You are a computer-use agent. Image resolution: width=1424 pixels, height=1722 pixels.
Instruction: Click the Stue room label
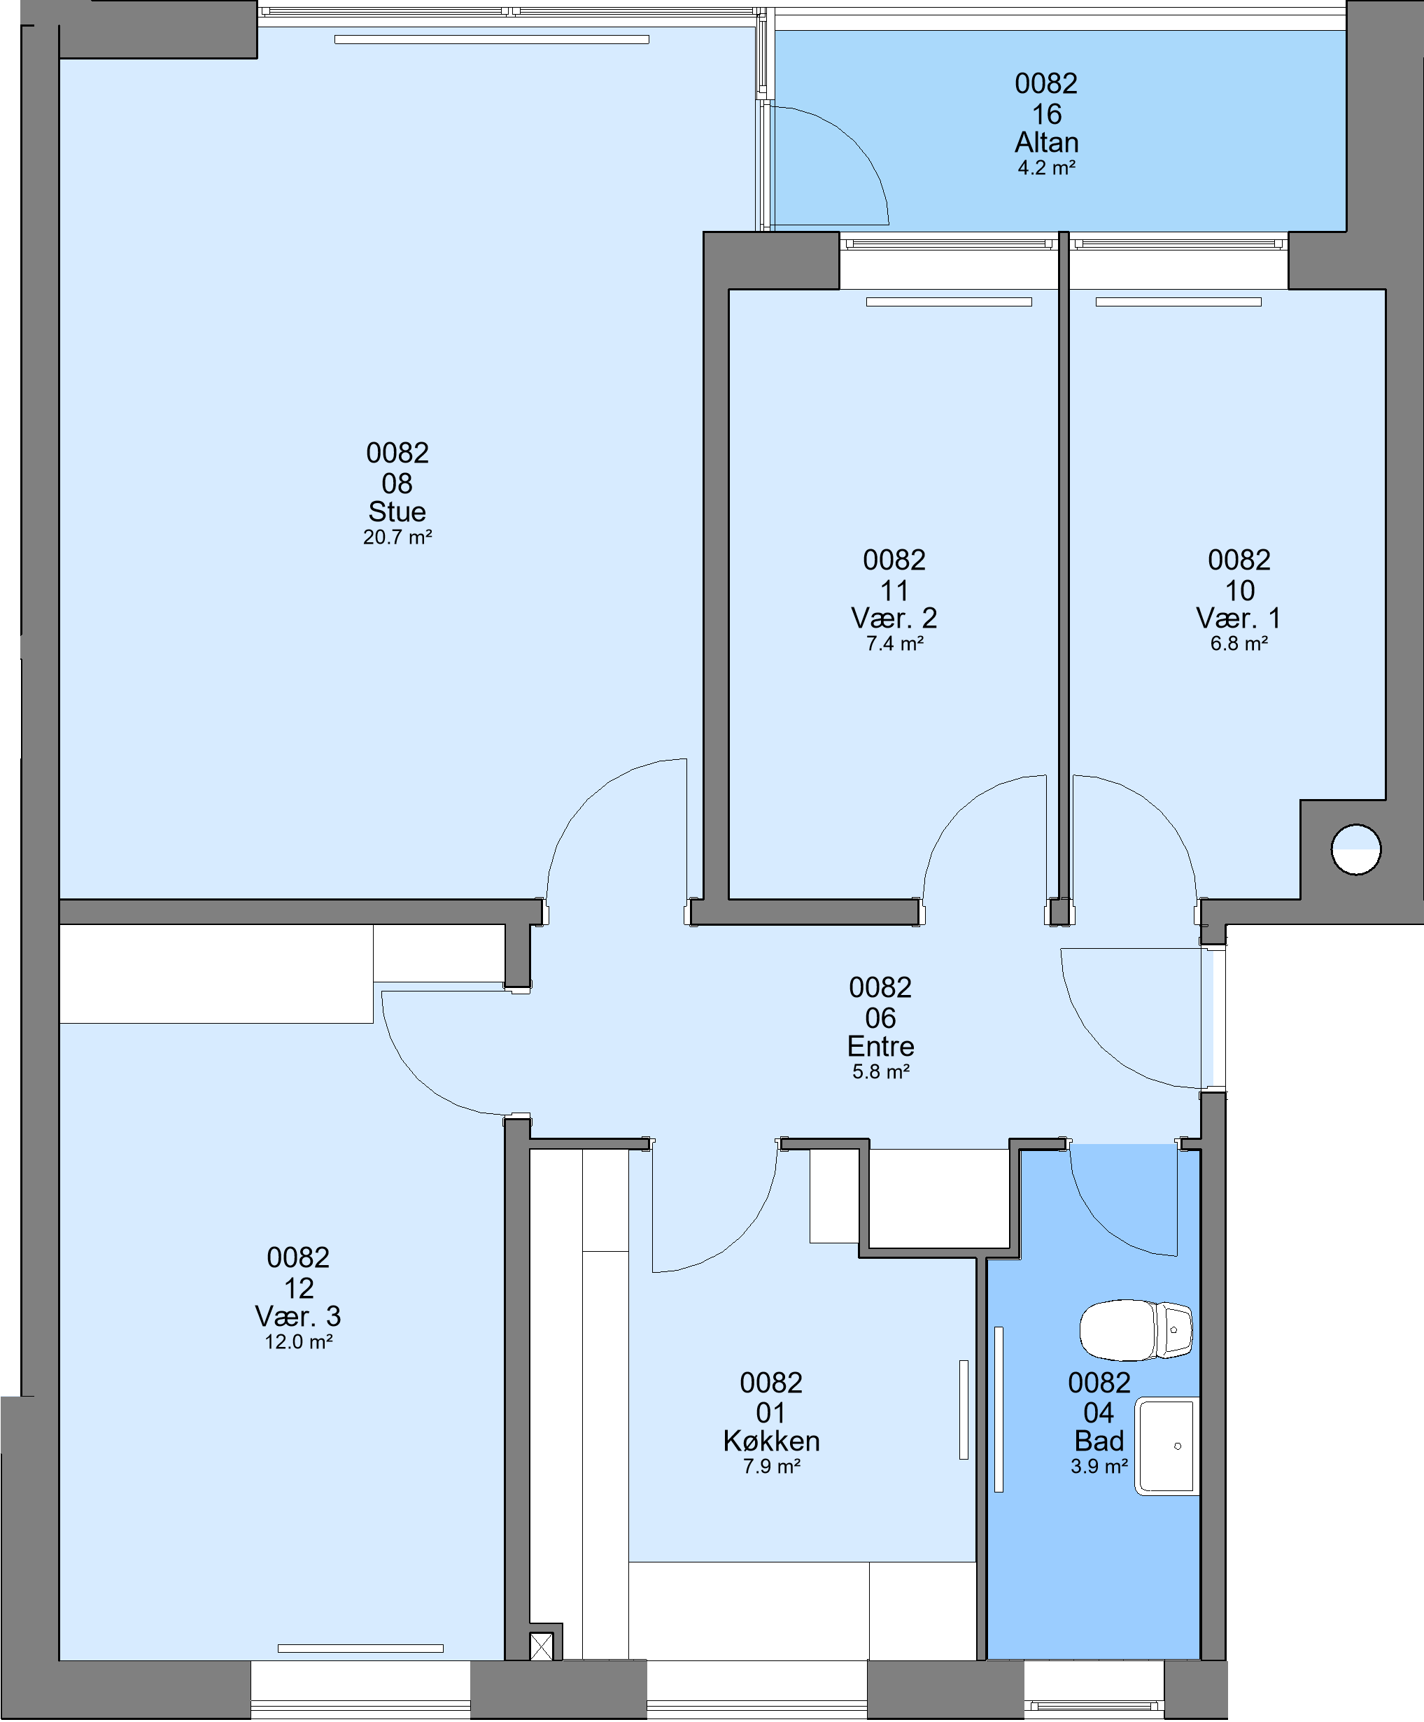[x=397, y=511]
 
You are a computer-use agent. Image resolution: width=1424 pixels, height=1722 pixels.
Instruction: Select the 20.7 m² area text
[x=397, y=537]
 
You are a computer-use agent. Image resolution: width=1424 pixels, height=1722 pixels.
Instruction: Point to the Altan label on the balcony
[x=1047, y=143]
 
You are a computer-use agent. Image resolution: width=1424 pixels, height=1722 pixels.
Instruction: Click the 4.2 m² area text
[x=1047, y=168]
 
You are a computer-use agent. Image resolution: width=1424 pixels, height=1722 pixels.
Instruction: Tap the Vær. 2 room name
[x=894, y=617]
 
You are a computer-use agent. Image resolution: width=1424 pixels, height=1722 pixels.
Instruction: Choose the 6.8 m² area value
[x=1239, y=644]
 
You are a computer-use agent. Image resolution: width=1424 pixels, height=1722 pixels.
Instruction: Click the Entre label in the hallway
[x=880, y=1045]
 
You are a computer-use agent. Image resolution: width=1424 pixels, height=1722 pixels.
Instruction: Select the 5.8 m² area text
[x=880, y=1071]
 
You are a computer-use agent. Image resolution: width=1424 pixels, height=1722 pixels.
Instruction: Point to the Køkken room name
[x=771, y=1441]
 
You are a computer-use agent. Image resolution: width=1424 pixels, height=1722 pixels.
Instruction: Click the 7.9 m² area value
[x=771, y=1466]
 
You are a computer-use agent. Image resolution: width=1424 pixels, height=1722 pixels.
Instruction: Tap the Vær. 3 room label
[x=298, y=1316]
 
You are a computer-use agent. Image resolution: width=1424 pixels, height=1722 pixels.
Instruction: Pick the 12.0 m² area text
[x=298, y=1341]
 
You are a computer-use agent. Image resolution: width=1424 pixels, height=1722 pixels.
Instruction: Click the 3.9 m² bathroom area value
[x=1099, y=1466]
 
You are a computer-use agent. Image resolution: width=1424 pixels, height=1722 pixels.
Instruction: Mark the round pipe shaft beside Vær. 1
[x=1356, y=849]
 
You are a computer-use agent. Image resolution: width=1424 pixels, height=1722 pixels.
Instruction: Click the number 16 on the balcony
[x=1047, y=114]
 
